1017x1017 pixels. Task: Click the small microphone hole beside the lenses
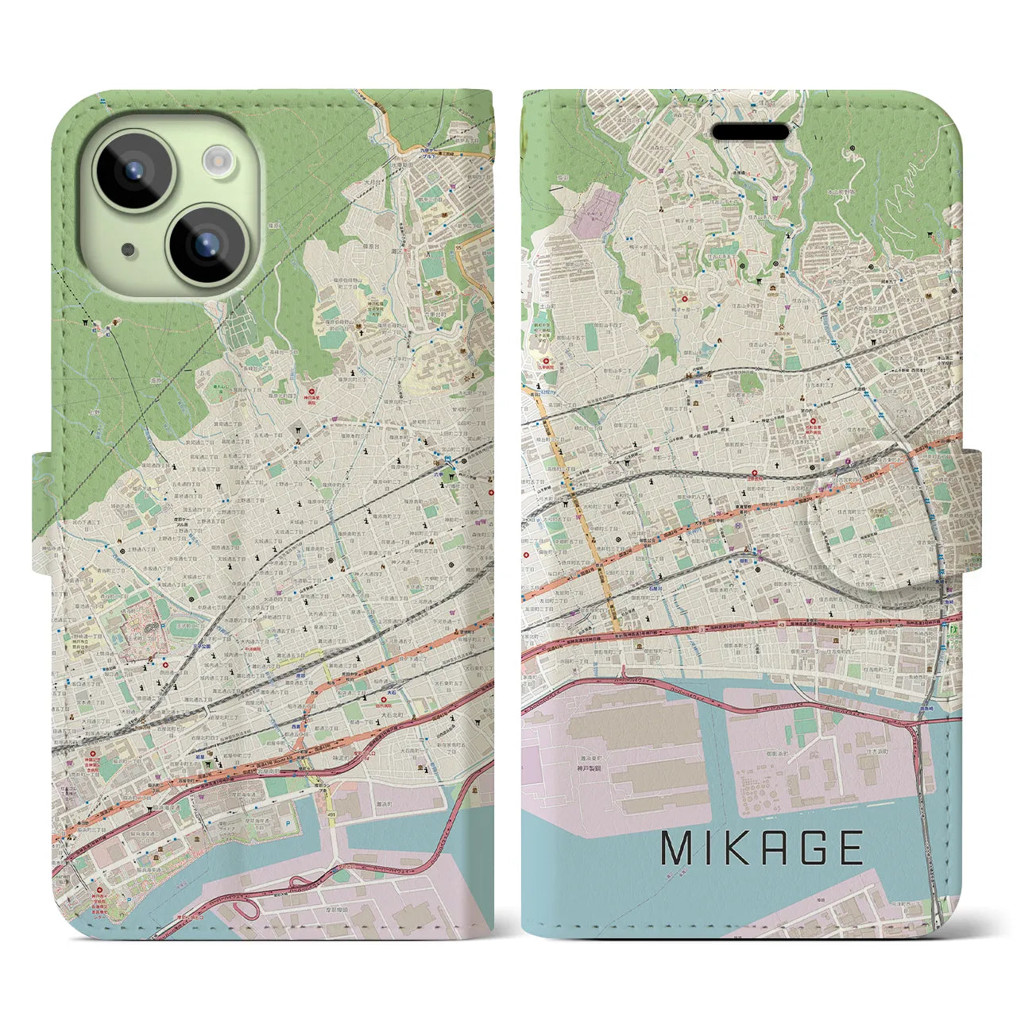[x=127, y=249]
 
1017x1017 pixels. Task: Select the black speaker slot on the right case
[x=750, y=131]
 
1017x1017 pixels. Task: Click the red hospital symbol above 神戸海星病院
[x=311, y=392]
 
